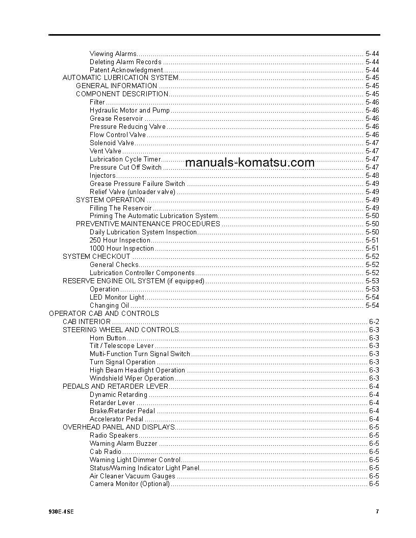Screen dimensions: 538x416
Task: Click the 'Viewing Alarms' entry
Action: point(113,53)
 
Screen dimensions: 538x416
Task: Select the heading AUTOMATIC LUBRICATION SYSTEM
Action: point(120,78)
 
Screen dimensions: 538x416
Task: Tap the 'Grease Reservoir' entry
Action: point(116,119)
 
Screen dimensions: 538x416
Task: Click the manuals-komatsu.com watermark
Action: point(250,163)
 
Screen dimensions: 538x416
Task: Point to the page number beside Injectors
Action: point(372,176)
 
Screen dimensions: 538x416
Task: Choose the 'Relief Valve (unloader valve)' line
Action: point(133,192)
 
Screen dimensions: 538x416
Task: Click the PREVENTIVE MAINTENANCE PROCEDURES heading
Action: point(148,224)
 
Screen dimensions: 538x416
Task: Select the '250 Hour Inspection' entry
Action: point(120,240)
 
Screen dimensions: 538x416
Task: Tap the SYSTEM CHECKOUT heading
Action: point(96,257)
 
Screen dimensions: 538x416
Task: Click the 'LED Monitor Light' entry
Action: point(117,298)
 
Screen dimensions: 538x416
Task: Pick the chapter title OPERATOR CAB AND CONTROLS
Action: point(103,314)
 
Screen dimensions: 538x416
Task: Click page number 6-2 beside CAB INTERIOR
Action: point(374,322)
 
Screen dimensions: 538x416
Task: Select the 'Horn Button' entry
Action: point(108,338)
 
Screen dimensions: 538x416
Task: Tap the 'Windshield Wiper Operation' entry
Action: point(132,379)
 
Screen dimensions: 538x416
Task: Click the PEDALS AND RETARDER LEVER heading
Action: point(115,387)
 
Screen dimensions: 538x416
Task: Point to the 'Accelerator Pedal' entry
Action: point(116,419)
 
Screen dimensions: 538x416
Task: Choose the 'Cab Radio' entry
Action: point(106,452)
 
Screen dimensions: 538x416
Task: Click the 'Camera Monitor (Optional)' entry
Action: point(129,484)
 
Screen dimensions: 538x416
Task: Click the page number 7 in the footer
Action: point(377,512)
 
